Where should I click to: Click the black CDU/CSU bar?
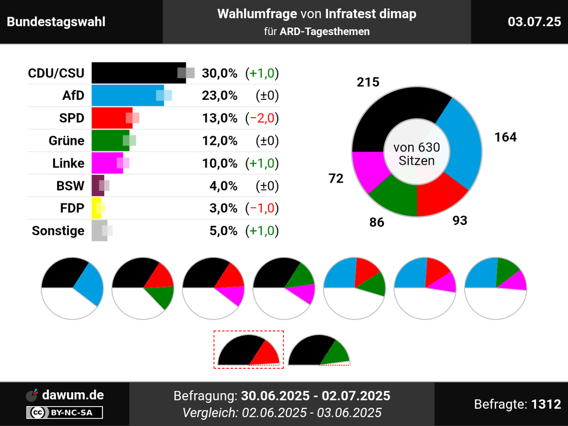click(x=136, y=73)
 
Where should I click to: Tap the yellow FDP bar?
click(x=96, y=208)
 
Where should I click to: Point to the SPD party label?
click(x=72, y=118)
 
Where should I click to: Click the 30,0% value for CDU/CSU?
click(x=220, y=73)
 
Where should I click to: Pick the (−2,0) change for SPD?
click(x=262, y=118)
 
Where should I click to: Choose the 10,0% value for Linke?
click(x=220, y=164)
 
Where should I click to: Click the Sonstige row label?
click(x=58, y=231)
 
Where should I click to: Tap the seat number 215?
click(x=368, y=82)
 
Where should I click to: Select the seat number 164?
click(x=505, y=137)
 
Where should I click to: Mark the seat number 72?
click(x=336, y=178)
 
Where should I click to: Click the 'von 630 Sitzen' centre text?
click(x=417, y=154)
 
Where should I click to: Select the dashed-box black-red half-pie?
click(x=248, y=350)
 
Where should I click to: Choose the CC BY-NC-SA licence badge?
click(x=64, y=412)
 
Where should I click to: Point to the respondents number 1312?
click(x=546, y=404)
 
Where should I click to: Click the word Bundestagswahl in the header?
click(x=56, y=22)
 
